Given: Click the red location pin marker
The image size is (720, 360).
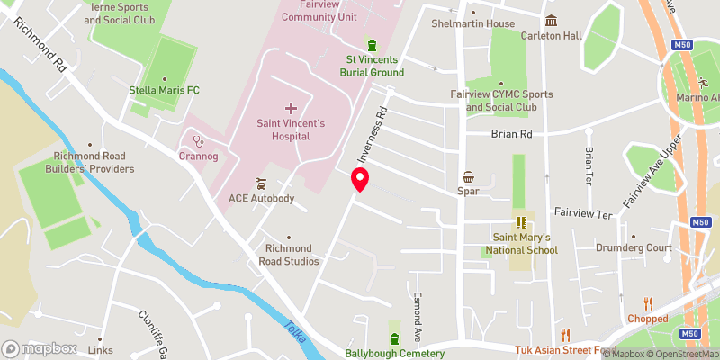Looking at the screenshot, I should point(360,179).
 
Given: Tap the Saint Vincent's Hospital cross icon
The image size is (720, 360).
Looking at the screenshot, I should point(290,108).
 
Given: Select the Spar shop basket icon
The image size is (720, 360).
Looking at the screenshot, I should point(468,177).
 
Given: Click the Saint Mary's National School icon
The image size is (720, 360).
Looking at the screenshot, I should point(520,221).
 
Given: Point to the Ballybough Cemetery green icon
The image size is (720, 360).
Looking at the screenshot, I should point(394,338).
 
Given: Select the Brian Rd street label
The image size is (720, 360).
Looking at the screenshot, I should point(512,134).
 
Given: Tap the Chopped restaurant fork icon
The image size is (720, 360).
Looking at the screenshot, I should point(648,303).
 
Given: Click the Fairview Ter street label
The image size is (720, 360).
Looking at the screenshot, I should point(584,215).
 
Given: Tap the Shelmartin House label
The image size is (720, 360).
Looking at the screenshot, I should point(473,23).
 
